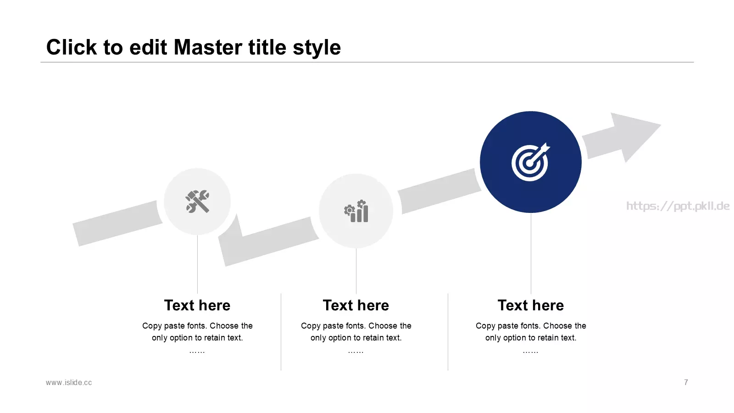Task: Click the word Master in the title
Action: click(x=208, y=47)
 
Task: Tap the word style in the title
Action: click(x=317, y=48)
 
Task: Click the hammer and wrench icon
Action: click(x=197, y=201)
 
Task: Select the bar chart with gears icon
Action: click(x=356, y=211)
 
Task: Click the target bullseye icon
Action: click(x=530, y=162)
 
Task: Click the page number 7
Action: click(x=686, y=383)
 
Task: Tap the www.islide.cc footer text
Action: click(x=69, y=383)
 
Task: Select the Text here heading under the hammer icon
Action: click(x=197, y=306)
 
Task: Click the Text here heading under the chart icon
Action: click(x=356, y=306)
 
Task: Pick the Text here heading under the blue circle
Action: click(x=531, y=306)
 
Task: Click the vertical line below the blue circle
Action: click(x=531, y=253)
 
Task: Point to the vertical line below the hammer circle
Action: click(x=197, y=264)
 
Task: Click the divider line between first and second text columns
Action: click(x=281, y=332)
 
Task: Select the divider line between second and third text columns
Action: click(x=448, y=332)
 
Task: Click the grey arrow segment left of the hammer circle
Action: click(x=117, y=223)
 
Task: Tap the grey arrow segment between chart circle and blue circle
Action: click(x=439, y=191)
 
